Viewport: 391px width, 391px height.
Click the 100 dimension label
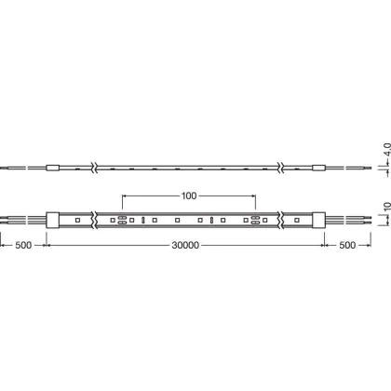(189, 195)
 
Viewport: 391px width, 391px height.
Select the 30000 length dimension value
(185, 245)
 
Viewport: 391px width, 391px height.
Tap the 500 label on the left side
(23, 245)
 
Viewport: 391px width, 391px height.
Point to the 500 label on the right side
(347, 245)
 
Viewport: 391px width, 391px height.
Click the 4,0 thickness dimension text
(387, 150)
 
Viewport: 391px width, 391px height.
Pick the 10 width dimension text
(387, 207)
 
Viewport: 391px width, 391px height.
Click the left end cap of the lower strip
(53, 220)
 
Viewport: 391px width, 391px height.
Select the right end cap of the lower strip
(318, 220)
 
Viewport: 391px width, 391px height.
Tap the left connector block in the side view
(53, 168)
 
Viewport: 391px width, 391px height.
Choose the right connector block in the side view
(318, 168)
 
